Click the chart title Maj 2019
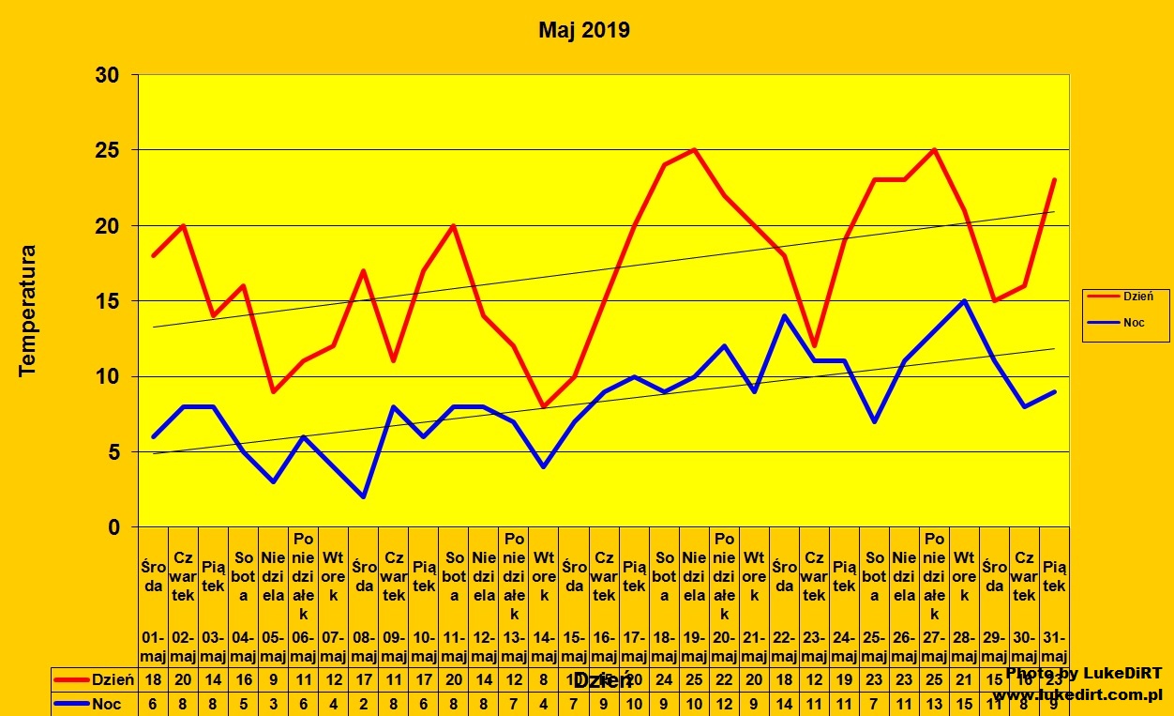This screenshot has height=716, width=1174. point(584,30)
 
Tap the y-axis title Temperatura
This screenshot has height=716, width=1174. point(27,311)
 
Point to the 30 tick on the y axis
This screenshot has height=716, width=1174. point(109,75)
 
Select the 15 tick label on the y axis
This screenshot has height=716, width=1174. point(109,301)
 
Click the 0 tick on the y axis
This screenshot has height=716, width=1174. point(114,527)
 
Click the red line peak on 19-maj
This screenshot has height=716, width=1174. point(694,149)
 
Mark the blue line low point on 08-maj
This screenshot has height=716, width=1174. point(364,497)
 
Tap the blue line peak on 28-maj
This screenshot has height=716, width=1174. point(964,300)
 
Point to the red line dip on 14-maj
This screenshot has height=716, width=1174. point(544,406)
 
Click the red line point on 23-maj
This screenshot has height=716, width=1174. point(814,346)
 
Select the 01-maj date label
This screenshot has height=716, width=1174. point(154,647)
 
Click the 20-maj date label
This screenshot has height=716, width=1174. point(724,647)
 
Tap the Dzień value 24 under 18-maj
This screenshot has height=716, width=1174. point(664,679)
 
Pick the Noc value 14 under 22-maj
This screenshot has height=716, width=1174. point(784,703)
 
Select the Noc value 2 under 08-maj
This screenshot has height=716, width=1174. point(364,703)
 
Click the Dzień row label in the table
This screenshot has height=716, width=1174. point(113,679)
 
